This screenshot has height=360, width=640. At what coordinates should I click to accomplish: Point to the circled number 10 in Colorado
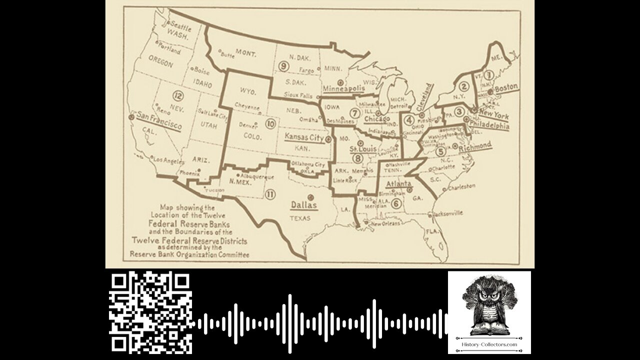point(270,123)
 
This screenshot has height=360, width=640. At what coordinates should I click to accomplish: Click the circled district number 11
point(270,194)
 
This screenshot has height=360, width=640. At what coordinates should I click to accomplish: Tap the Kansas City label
point(304,136)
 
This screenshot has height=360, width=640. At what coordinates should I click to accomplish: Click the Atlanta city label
point(398,184)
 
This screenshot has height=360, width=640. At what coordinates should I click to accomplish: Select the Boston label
point(506,86)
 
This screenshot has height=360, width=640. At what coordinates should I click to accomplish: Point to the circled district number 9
point(283,66)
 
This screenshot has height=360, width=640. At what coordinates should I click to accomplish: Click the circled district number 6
point(396,203)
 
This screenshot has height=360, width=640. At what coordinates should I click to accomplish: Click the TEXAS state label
point(300,218)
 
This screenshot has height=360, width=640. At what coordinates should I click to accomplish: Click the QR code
point(150,312)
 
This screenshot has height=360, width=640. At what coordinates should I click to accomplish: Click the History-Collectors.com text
point(489,344)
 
